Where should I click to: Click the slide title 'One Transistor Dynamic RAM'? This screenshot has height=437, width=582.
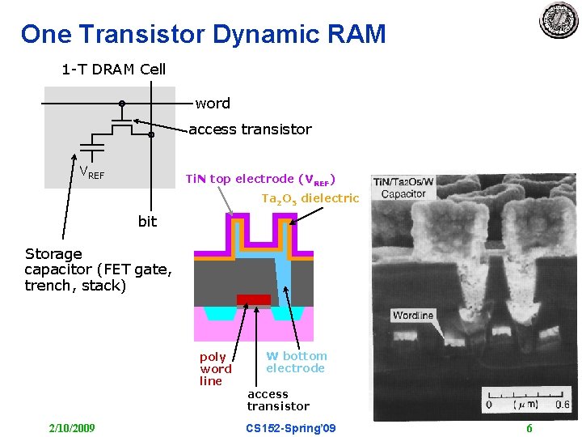click(203, 34)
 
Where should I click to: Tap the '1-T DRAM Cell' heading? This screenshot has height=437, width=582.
click(113, 70)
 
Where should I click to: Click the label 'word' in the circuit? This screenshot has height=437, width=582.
click(213, 104)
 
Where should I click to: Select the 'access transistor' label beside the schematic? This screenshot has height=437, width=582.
click(250, 129)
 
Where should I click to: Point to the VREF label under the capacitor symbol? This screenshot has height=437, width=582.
click(91, 172)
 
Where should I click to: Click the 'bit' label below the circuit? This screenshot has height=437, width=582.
click(147, 222)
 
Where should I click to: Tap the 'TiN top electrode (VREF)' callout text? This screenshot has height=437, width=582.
click(260, 179)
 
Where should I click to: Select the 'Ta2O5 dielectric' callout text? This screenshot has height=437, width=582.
click(310, 198)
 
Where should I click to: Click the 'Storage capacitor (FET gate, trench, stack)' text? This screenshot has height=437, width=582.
click(98, 269)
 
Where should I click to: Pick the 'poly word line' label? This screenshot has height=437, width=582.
click(215, 369)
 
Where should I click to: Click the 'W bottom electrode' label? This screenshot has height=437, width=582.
click(296, 362)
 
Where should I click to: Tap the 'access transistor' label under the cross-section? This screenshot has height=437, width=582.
click(278, 400)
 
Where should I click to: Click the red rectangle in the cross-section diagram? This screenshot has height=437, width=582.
click(253, 299)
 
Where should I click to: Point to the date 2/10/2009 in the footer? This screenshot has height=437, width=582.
click(71, 427)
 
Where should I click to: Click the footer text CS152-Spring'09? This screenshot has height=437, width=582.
click(291, 427)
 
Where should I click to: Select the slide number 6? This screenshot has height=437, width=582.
click(529, 427)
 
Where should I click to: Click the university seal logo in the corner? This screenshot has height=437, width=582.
click(559, 19)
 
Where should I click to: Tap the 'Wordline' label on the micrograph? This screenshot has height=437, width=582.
click(413, 315)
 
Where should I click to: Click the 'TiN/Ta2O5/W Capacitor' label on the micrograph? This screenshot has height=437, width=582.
click(404, 189)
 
